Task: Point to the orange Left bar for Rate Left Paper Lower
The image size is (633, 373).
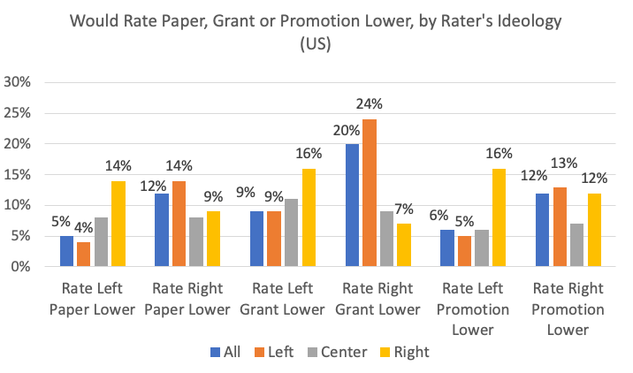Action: point(83,254)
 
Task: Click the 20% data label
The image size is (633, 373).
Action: point(347,130)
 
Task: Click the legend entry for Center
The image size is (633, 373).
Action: point(335,352)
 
